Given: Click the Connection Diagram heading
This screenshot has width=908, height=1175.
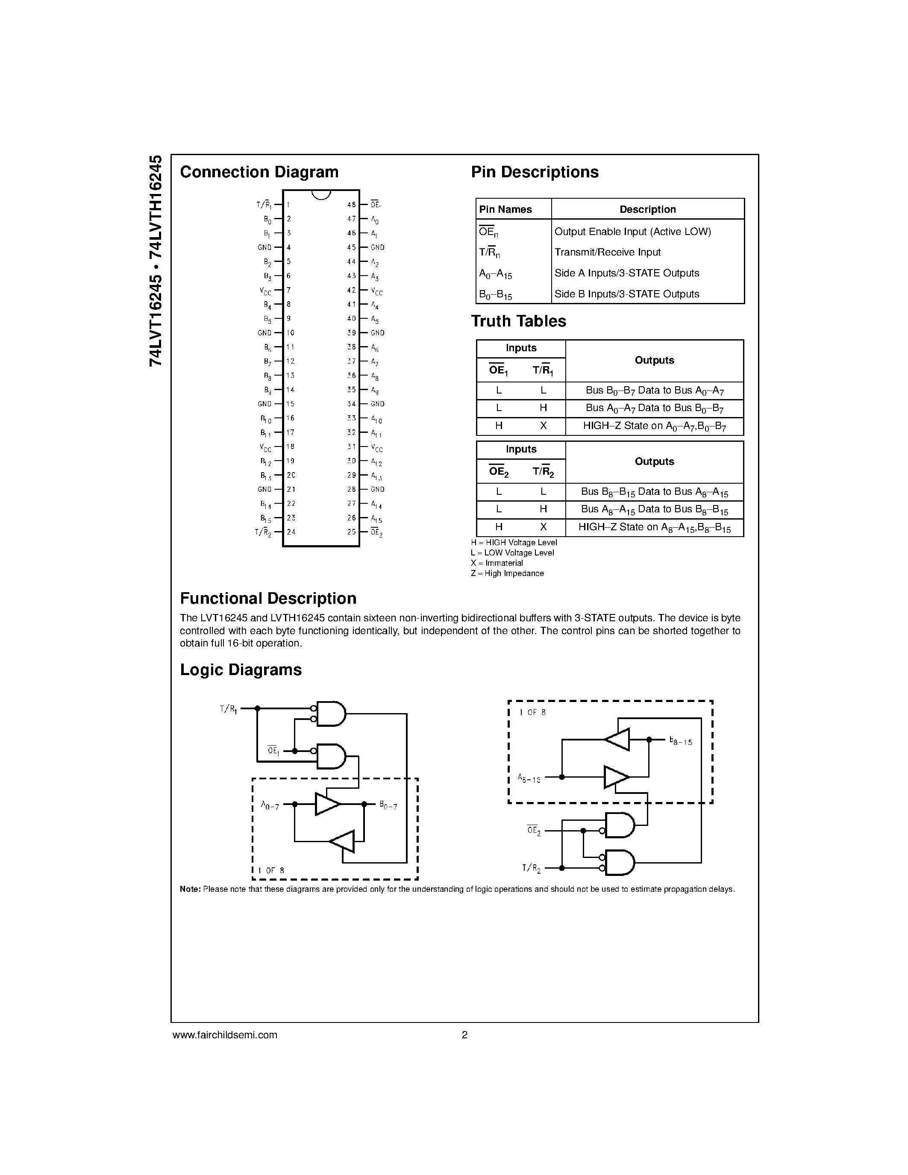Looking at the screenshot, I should (x=259, y=172).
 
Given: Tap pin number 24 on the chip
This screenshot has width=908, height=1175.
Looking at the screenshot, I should (x=291, y=532).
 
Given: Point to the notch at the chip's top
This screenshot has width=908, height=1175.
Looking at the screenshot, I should (x=321, y=194).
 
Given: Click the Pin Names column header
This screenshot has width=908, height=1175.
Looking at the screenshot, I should (x=505, y=209).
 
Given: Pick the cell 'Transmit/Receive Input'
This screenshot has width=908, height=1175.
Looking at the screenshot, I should (x=607, y=253).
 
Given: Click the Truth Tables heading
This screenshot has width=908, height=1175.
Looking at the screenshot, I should (x=519, y=321).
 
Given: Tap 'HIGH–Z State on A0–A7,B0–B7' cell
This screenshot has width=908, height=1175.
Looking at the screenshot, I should (x=654, y=426).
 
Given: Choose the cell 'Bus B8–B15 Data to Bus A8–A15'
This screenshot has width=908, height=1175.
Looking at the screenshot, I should (x=654, y=492).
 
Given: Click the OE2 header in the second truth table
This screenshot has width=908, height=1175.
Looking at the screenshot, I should (x=499, y=472).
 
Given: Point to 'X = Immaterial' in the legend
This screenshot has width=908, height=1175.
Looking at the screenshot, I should (x=497, y=563).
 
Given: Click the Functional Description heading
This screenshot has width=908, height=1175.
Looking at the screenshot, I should (x=268, y=598).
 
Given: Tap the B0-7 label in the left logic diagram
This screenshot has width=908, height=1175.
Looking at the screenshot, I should (x=388, y=805).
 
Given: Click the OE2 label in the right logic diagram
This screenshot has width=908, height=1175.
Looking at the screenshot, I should (x=534, y=830).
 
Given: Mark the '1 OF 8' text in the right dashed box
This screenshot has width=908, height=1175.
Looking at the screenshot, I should (x=532, y=713).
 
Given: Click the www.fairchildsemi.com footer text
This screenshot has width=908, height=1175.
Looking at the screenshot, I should (x=225, y=1034).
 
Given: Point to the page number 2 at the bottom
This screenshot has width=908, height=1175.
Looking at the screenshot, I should (x=464, y=1034).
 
